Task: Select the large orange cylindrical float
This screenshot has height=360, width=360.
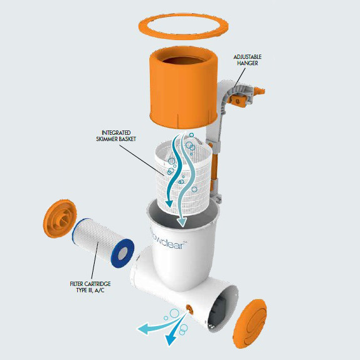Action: tap(183, 92)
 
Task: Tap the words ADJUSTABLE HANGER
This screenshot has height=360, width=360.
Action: tap(247, 60)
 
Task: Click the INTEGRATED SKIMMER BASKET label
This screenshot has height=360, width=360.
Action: tap(116, 135)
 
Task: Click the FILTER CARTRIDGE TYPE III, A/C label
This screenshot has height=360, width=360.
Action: tap(90, 287)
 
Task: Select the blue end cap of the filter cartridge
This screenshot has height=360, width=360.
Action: tap(122, 253)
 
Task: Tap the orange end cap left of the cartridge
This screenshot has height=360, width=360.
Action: tap(60, 218)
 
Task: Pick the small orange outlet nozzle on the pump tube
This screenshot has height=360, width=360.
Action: tap(189, 309)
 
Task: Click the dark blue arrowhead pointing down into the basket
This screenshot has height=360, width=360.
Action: tap(169, 203)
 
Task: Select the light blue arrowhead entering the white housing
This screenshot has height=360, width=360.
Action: tap(182, 222)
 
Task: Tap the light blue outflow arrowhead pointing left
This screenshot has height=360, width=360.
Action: tap(143, 329)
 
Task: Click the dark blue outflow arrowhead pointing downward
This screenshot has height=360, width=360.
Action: tap(171, 339)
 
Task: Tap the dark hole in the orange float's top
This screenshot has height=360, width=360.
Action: tap(184, 61)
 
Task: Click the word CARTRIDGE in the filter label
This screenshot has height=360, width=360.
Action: tap(98, 284)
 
